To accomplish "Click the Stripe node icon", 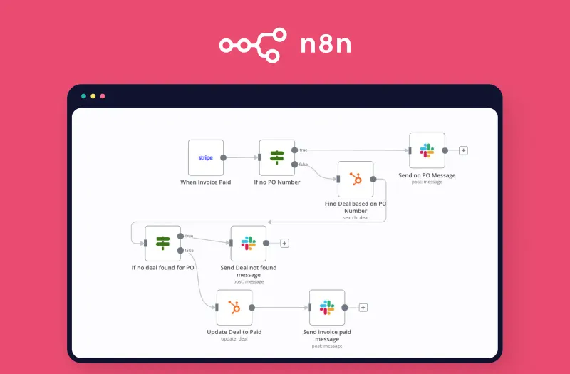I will coord(206,157).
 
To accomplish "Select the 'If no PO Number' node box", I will coord(277,157).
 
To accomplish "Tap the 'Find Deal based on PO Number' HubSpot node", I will coord(356,179).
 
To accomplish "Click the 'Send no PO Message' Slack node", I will coord(427,150).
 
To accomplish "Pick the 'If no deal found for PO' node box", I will coord(162,243).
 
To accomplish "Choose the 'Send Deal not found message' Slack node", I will coord(248,243).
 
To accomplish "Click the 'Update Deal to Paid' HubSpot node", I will coord(234,308).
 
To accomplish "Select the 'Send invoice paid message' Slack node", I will coord(327,308).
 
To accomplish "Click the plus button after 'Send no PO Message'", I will coord(463,150).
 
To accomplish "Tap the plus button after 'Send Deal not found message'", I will coord(284,243).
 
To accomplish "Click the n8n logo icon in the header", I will coord(252,44).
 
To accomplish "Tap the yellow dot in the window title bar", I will coord(93,95).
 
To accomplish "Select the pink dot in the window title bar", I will coord(103,95).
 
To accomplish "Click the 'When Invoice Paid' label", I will coord(206,182).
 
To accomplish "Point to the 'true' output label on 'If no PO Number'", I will coord(304,150).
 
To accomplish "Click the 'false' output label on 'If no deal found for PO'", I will coord(190,250).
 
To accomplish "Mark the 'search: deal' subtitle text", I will coord(356,217).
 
